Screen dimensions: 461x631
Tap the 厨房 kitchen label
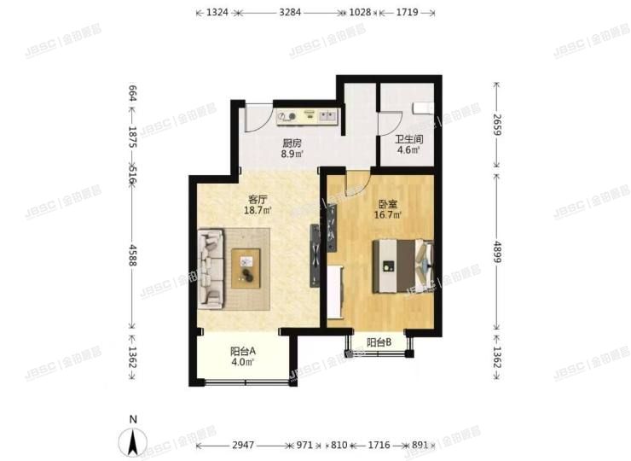(x=292, y=143)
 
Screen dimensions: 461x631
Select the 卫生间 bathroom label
(x=408, y=138)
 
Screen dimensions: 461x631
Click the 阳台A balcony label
(x=244, y=350)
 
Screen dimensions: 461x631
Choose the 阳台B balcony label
(x=379, y=343)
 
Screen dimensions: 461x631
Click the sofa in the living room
(x=211, y=268)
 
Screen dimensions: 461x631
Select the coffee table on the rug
(x=246, y=266)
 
